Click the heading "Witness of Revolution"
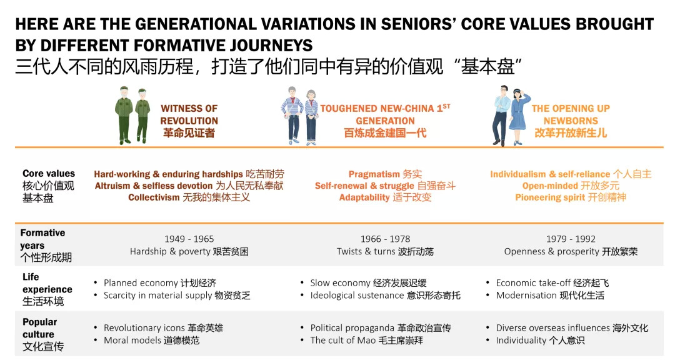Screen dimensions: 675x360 [x=189, y=114]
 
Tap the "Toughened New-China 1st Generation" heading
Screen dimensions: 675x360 [x=385, y=114]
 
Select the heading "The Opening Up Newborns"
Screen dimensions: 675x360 [x=571, y=114]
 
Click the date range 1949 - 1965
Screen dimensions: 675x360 [x=189, y=239]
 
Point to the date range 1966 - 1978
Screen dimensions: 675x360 [x=385, y=239]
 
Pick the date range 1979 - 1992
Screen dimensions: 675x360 [x=571, y=239]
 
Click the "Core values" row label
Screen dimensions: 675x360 [x=49, y=174]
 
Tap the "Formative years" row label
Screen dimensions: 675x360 [x=42, y=239]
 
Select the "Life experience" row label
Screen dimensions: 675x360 [x=47, y=283]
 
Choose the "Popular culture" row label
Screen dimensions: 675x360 [x=39, y=328]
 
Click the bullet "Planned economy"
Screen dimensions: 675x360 [x=141, y=283]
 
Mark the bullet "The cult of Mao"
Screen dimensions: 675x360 [x=343, y=340]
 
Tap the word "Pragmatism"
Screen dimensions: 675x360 [x=374, y=174]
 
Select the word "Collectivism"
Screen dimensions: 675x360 [x=154, y=197]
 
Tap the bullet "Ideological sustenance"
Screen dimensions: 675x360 [x=357, y=296]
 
